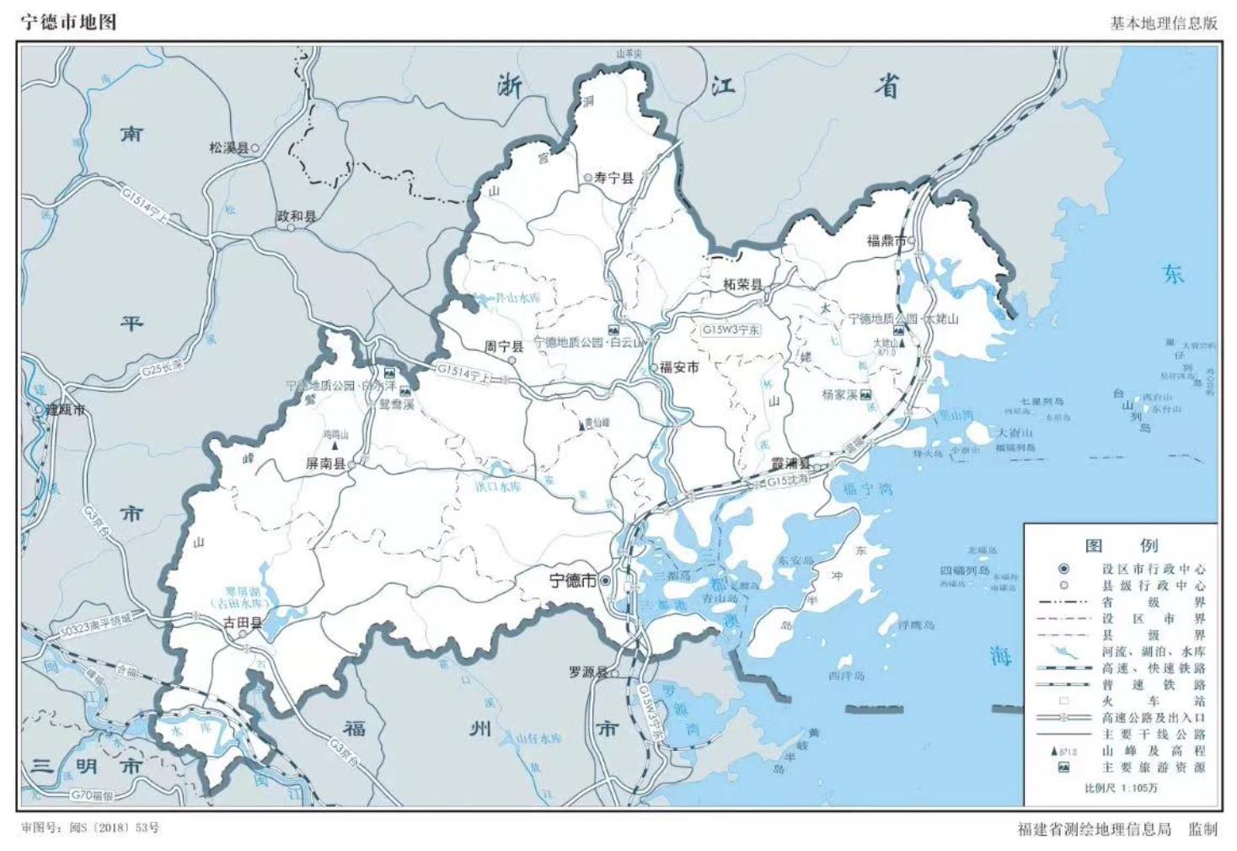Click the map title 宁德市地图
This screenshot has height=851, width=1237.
(x=68, y=22)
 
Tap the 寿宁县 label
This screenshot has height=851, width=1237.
(x=613, y=178)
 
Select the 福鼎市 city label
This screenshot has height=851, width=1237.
(x=886, y=241)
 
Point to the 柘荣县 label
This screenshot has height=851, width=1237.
(x=742, y=285)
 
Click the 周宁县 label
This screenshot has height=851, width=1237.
(x=503, y=346)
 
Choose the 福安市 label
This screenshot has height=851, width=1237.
(x=679, y=367)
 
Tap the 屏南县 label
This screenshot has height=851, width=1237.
(x=325, y=463)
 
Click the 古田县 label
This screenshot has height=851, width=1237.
(x=242, y=624)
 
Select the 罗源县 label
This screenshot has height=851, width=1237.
(x=588, y=672)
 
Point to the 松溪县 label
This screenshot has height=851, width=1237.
(x=229, y=147)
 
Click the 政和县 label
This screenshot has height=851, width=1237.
(x=296, y=217)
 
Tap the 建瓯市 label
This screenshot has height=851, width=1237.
(x=65, y=409)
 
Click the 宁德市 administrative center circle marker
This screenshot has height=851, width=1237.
(x=605, y=581)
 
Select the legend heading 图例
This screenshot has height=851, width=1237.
(x=1121, y=545)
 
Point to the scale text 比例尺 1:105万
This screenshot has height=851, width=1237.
(x=1121, y=788)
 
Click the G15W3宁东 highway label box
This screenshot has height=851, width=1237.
(x=731, y=330)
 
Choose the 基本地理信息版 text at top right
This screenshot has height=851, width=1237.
(x=1163, y=23)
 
